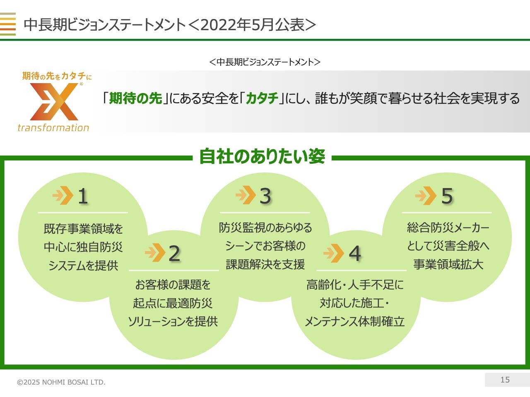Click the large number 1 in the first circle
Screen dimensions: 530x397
[x=83, y=196]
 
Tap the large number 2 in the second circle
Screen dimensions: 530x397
[x=174, y=254]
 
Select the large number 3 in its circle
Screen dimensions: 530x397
[x=265, y=196]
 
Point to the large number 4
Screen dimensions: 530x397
[x=355, y=254]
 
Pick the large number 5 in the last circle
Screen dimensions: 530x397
[x=447, y=196]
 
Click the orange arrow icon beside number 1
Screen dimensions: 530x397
[x=63, y=195]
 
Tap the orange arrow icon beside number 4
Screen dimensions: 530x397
[x=334, y=253]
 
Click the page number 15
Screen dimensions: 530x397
[x=505, y=380]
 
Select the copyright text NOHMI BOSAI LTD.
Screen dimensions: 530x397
[x=74, y=382]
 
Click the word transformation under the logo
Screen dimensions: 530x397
[x=53, y=128]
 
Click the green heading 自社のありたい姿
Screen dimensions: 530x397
[x=262, y=156]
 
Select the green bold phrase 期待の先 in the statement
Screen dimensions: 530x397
[x=135, y=98]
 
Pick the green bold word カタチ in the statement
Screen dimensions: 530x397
[x=262, y=98]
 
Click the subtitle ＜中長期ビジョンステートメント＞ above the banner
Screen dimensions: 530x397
[x=265, y=62]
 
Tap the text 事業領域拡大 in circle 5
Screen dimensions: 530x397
[x=448, y=264]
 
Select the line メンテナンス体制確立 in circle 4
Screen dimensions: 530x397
[x=355, y=321]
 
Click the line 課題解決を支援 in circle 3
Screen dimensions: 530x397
[x=265, y=264]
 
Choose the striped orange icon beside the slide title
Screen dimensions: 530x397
[x=8, y=24]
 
